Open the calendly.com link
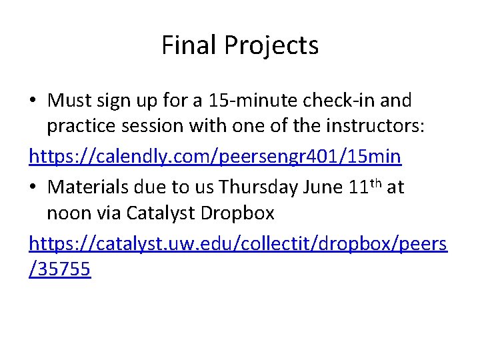point(215,157)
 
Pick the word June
point(323,187)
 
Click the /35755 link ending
point(60,270)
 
